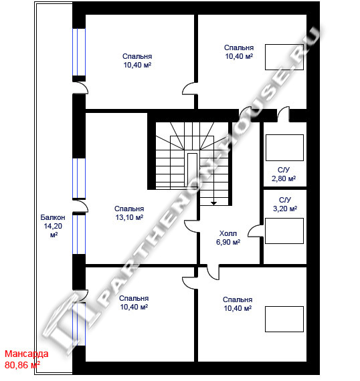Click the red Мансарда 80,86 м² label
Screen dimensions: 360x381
coord(26,359)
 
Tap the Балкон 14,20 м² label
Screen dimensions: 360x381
coord(53,226)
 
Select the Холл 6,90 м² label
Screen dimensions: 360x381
coord(228,238)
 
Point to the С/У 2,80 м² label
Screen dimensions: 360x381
coord(284,174)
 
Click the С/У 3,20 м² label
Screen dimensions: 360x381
coord(285,205)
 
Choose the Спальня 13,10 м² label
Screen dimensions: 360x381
coord(129,213)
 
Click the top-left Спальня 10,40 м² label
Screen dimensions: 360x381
coord(137,61)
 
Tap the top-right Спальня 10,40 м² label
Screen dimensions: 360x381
coord(239,51)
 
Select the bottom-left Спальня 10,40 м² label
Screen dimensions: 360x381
coord(134,303)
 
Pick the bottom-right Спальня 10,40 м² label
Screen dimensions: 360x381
coord(238,303)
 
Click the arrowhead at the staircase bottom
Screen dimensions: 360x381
coord(213,203)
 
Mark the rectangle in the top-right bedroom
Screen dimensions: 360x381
coord(284,57)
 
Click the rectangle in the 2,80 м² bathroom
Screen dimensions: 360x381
coord(284,148)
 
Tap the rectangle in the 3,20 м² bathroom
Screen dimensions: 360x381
coord(284,231)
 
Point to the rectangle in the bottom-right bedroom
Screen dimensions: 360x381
coord(284,319)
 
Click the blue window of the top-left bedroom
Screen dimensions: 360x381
coord(79,52)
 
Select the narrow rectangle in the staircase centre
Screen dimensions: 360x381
coord(192,169)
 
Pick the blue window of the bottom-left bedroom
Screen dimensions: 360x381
coord(79,324)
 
